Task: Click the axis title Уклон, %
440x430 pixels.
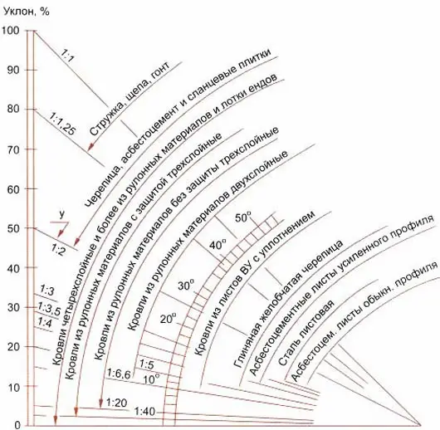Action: (x=26, y=12)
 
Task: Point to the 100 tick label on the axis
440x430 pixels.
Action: (x=11, y=31)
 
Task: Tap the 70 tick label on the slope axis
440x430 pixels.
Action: (x=13, y=149)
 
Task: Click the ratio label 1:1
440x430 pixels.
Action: (x=67, y=55)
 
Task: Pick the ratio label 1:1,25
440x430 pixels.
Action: (x=62, y=124)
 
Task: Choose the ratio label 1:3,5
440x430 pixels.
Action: (x=49, y=308)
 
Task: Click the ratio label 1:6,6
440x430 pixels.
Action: (x=119, y=374)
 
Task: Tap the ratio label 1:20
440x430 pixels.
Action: (x=117, y=403)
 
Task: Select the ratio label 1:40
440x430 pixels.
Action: (x=144, y=412)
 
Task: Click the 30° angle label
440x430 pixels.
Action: (x=186, y=286)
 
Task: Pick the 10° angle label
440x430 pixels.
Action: (x=151, y=379)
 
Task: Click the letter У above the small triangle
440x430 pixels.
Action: (x=62, y=214)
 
